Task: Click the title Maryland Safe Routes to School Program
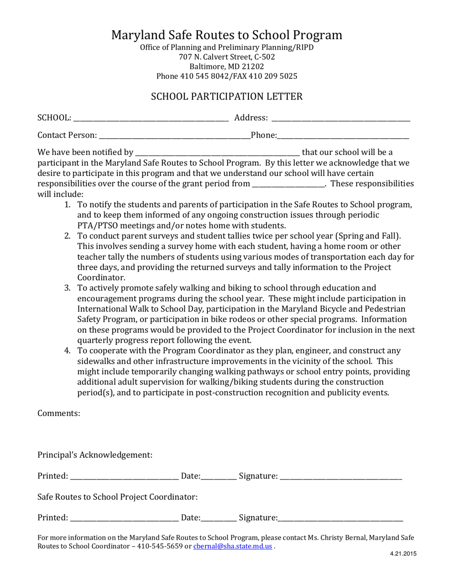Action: point(227,35)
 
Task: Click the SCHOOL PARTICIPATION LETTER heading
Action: point(227,97)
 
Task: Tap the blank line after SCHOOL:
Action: point(151,119)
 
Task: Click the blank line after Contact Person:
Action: point(174,137)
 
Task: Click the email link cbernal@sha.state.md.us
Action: point(233,546)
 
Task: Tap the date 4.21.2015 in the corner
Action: point(404,555)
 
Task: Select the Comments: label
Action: point(59,414)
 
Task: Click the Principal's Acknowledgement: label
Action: point(95,455)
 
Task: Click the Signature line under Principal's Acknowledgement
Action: point(341,477)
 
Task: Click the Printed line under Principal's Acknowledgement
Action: point(124,477)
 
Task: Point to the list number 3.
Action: point(68,288)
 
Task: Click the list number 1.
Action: point(68,205)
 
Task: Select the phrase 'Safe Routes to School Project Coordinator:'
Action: point(118,497)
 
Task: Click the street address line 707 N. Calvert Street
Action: point(227,57)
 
